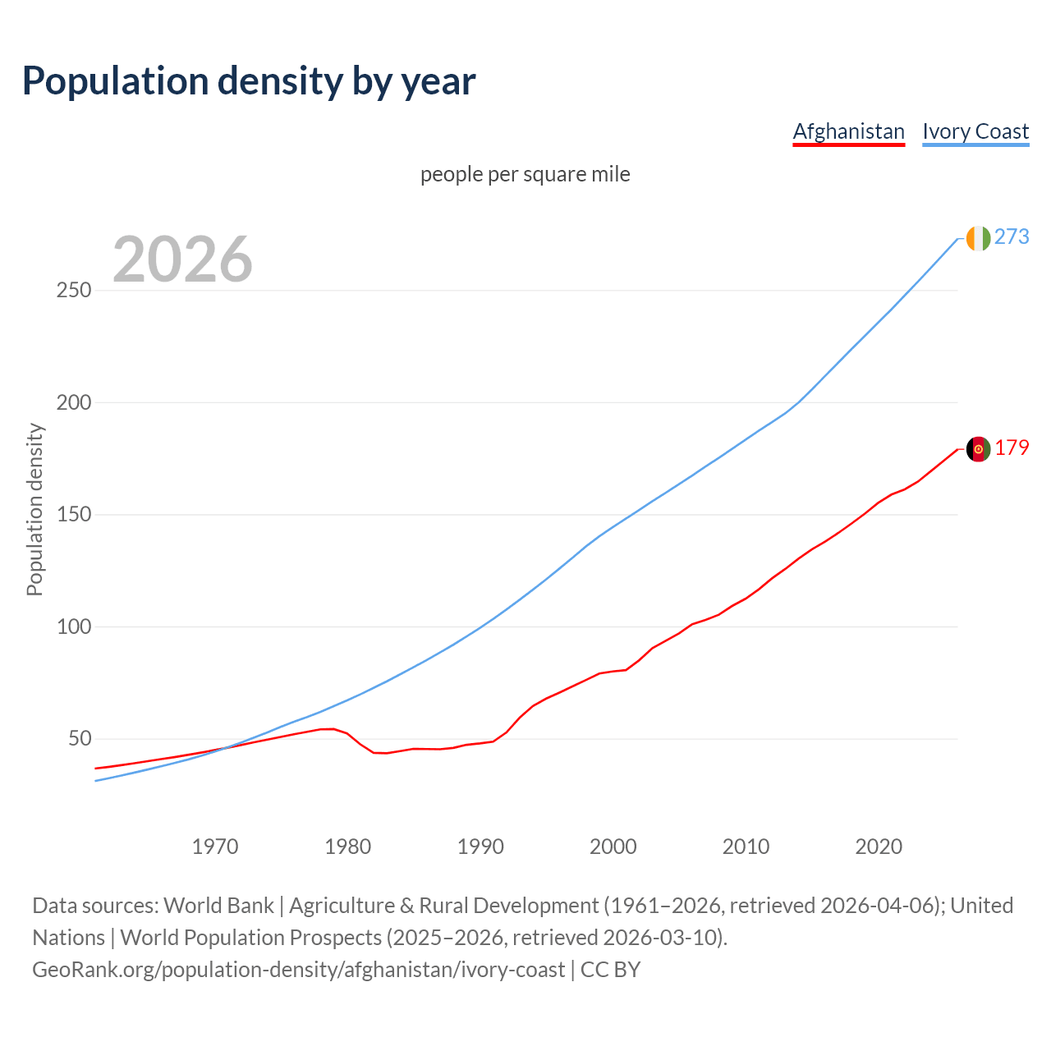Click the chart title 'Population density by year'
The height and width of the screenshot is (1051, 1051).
(x=249, y=81)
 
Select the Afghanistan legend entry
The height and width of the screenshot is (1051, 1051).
(x=848, y=131)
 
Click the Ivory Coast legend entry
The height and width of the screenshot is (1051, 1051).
(x=975, y=131)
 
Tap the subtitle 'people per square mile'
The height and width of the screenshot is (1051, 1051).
(x=525, y=175)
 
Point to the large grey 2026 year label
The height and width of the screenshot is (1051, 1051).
(x=182, y=259)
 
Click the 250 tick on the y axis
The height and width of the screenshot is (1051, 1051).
(x=74, y=291)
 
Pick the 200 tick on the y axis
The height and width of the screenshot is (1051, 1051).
(x=74, y=403)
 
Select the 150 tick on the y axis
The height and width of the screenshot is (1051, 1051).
(x=74, y=515)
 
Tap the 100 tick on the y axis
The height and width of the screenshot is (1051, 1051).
(x=74, y=627)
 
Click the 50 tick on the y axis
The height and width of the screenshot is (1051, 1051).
(x=79, y=739)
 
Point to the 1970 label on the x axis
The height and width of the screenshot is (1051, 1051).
(x=215, y=847)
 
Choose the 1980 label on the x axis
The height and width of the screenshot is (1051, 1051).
(x=348, y=847)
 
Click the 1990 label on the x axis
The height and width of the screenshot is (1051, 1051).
(x=480, y=847)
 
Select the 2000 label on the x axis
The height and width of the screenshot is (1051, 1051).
(x=613, y=847)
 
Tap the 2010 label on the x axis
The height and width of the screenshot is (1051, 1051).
(x=746, y=847)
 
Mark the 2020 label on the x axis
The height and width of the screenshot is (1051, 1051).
(x=879, y=847)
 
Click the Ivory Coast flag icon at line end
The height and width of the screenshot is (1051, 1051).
(x=978, y=238)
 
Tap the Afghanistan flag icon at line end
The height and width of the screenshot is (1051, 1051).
(x=978, y=449)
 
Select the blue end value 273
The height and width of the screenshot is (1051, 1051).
(x=1012, y=237)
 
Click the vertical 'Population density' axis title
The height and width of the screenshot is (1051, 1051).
(x=34, y=509)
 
